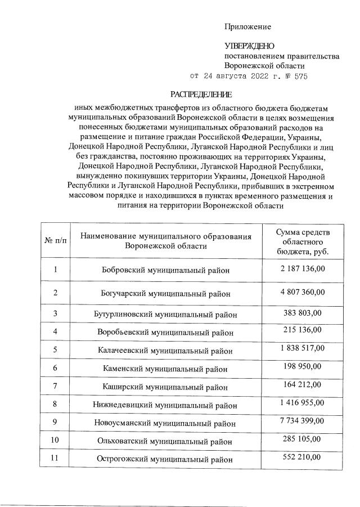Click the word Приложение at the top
coord(247,26)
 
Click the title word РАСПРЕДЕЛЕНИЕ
coord(201,94)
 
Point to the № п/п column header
coord(55,241)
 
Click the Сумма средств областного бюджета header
coord(303,242)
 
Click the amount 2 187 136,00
coord(303,269)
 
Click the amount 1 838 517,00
coord(303,348)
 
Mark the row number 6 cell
coord(55,369)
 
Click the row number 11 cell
coord(55,458)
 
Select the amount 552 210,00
coord(303,456)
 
